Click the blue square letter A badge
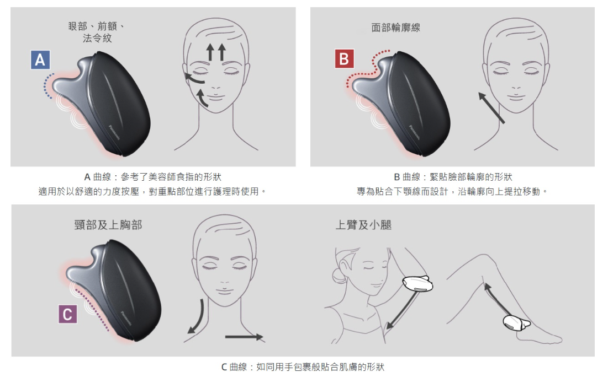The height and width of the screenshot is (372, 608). [x=40, y=60]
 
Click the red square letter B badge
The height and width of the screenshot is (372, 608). [x=345, y=59]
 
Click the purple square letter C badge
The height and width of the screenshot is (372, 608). [x=67, y=314]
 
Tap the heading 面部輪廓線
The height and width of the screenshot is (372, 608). [x=395, y=28]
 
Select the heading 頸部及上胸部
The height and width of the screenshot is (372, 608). [x=108, y=225]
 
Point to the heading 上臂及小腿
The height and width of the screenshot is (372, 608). [x=363, y=225]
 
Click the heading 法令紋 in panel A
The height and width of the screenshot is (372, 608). [x=97, y=38]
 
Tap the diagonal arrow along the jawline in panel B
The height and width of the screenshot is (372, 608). [x=491, y=107]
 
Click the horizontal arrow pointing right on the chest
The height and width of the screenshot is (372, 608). [x=244, y=337]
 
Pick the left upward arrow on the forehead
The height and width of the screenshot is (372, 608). [x=210, y=52]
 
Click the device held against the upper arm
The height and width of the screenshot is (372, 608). [x=417, y=284]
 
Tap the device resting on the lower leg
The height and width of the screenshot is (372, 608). [x=516, y=323]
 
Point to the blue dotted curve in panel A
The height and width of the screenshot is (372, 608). [x=46, y=86]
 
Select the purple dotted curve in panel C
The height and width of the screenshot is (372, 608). [x=93, y=310]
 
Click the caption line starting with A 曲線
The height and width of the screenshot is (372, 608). [x=153, y=177]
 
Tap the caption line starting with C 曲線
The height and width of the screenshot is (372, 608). [x=303, y=366]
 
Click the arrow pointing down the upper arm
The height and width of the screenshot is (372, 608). [x=402, y=311]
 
